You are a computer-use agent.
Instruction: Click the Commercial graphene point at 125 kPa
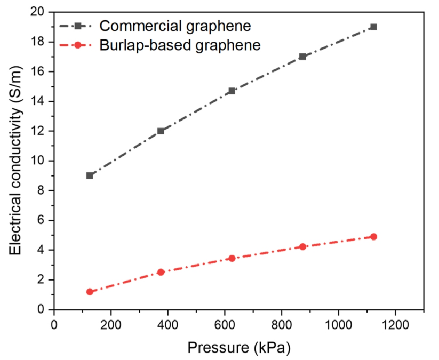(x=90, y=175)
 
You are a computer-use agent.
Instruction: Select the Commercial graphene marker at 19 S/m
(x=373, y=27)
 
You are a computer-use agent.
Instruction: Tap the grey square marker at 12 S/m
(x=161, y=131)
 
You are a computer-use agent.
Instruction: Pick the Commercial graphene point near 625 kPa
(x=232, y=91)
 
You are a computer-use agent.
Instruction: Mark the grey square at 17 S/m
(x=302, y=57)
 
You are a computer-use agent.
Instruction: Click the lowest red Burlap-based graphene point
(x=90, y=292)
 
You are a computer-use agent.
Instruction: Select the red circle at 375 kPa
(x=161, y=272)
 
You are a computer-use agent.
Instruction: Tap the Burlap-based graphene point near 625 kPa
(x=232, y=258)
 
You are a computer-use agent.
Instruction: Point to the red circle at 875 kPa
(x=302, y=247)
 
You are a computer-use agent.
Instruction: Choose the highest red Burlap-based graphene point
(x=373, y=236)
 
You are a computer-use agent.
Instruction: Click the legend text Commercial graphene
(x=175, y=26)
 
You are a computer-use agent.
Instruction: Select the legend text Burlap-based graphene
(x=180, y=45)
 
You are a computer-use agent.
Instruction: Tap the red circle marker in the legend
(x=78, y=45)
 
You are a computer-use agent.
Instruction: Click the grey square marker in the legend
(x=78, y=26)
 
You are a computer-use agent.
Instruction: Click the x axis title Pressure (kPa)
(x=238, y=348)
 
